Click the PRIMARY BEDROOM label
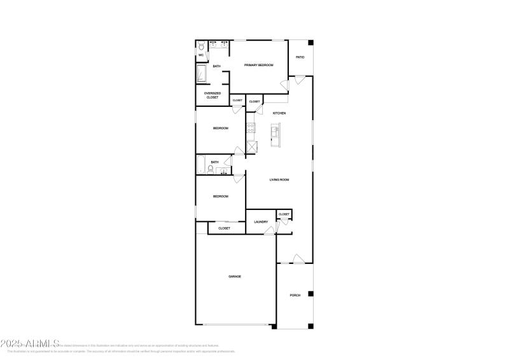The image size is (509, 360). tap(258, 65)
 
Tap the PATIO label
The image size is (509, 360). tap(300, 57)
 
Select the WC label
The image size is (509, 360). tap(201, 55)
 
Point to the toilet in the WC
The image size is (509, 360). tap(201, 46)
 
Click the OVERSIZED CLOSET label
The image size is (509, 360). tap(212, 95)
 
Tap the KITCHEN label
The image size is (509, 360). tap(279, 113)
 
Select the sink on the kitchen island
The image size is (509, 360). tap(275, 132)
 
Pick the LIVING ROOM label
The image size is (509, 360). tap(279, 180)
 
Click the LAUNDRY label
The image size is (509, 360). tap(261, 222)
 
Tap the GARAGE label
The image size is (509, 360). tap(235, 276)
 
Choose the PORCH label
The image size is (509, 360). tap(295, 295)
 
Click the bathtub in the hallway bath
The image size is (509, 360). tap(201, 165)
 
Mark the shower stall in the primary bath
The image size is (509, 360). tap(202, 74)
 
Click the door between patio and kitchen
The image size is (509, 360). tap(299, 81)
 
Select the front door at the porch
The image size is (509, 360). tap(298, 259)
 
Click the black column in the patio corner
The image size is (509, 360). tap(310, 43)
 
